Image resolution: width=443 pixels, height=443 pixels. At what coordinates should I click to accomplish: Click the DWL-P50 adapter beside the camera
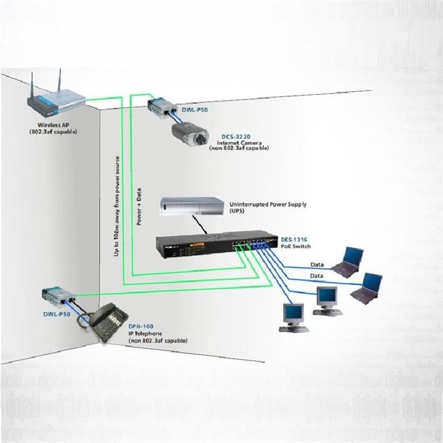click(x=161, y=108)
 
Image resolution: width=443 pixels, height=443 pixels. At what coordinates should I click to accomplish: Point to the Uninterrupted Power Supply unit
click(x=191, y=206)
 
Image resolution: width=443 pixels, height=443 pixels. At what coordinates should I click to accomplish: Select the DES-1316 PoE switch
click(x=215, y=245)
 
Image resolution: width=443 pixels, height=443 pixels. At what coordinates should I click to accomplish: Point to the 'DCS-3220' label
click(x=236, y=136)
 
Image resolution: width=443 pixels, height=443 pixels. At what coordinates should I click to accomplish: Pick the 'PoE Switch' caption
click(x=295, y=246)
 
